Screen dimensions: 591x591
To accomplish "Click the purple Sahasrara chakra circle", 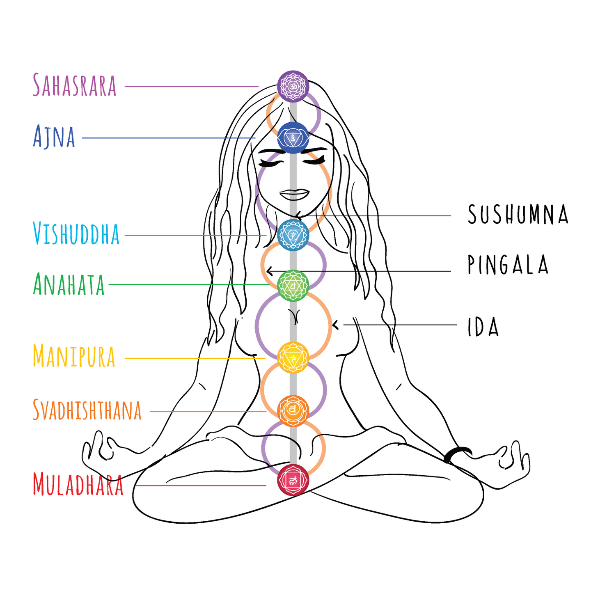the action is click(293, 86).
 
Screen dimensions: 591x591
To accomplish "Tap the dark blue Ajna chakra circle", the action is click(293, 138).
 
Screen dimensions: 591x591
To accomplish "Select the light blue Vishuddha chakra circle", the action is click(293, 235).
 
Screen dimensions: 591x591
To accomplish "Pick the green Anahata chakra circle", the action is click(293, 286).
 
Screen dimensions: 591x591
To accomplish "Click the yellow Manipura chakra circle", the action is click(293, 357).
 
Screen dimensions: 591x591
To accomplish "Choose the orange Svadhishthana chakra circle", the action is click(293, 411).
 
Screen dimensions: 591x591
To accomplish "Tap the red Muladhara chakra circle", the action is click(293, 480).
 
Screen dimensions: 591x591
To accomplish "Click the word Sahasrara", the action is click(75, 85).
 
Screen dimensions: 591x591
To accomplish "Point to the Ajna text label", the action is click(54, 136).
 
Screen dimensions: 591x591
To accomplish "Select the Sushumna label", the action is click(518, 214).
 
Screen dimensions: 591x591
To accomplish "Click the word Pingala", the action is click(508, 264).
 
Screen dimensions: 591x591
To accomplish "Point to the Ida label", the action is click(483, 327).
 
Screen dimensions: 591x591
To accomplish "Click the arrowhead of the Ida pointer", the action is click(335, 325).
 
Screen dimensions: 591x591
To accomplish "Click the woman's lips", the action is click(294, 194).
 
